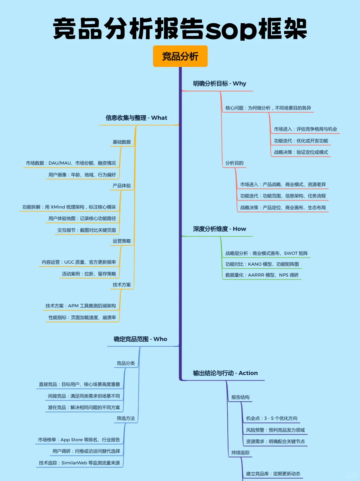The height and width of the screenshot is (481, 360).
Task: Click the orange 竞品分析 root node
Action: click(x=180, y=56)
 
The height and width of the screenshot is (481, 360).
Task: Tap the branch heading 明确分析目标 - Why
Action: click(x=219, y=84)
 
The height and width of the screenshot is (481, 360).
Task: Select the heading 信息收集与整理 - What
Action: click(x=136, y=118)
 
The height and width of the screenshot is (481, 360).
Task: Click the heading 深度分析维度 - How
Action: click(x=219, y=229)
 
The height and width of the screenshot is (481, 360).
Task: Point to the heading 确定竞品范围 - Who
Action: click(x=140, y=339)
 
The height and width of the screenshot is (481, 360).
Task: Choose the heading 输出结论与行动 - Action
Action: click(x=225, y=373)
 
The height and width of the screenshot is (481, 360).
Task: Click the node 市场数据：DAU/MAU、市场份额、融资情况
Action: click(x=71, y=163)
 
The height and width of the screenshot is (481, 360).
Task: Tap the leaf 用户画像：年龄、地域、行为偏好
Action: click(x=82, y=175)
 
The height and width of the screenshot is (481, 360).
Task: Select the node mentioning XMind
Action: click(x=69, y=207)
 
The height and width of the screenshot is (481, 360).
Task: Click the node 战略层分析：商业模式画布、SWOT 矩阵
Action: click(x=266, y=254)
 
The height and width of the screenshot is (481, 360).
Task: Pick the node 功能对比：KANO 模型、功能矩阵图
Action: click(x=262, y=264)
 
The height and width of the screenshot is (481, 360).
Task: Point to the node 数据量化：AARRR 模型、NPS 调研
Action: click(x=262, y=275)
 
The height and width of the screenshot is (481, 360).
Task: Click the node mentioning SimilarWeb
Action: click(x=79, y=463)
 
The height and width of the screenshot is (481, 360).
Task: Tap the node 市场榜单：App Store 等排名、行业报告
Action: click(x=79, y=440)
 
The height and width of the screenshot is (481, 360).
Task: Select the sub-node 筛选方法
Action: click(x=126, y=419)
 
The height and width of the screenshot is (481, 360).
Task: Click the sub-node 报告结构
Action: click(x=240, y=397)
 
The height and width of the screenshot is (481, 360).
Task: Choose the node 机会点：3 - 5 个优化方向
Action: click(x=272, y=419)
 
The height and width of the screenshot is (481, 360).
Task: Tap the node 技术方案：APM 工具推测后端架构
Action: click(x=81, y=306)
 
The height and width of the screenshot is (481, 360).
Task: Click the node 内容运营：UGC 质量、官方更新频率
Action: click(x=79, y=262)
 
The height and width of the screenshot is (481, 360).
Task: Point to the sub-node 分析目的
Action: click(x=234, y=163)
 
